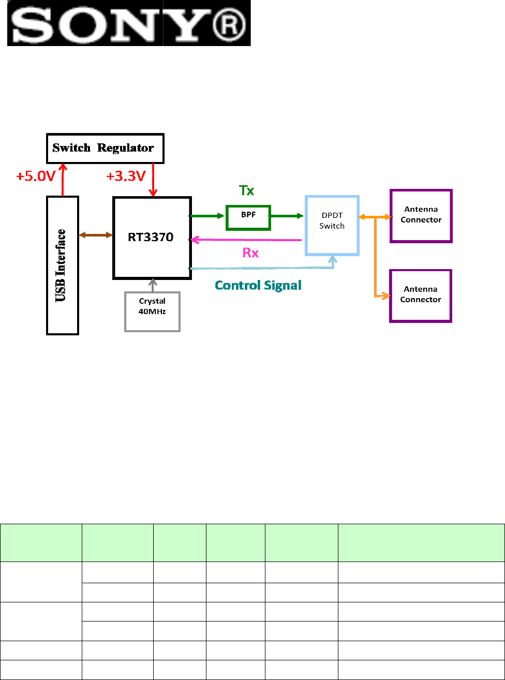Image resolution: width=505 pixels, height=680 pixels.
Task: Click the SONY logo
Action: click(129, 23)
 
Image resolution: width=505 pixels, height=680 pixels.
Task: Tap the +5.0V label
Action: click(36, 176)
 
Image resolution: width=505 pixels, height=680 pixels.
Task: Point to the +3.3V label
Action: click(126, 176)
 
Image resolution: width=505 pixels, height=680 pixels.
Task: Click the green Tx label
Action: click(246, 190)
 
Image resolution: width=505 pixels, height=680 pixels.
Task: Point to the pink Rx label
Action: click(250, 253)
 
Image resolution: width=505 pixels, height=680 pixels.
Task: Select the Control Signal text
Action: click(258, 286)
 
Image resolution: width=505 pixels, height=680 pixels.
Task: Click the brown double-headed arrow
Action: click(96, 235)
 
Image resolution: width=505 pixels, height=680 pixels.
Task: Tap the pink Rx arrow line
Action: click(246, 240)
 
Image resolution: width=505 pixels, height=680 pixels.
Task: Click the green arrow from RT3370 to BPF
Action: click(207, 216)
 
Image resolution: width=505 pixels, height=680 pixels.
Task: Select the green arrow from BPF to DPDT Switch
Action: click(287, 216)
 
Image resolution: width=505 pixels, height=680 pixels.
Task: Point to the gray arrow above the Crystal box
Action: click(153, 285)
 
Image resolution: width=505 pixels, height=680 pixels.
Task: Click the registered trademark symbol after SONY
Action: click(229, 24)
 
